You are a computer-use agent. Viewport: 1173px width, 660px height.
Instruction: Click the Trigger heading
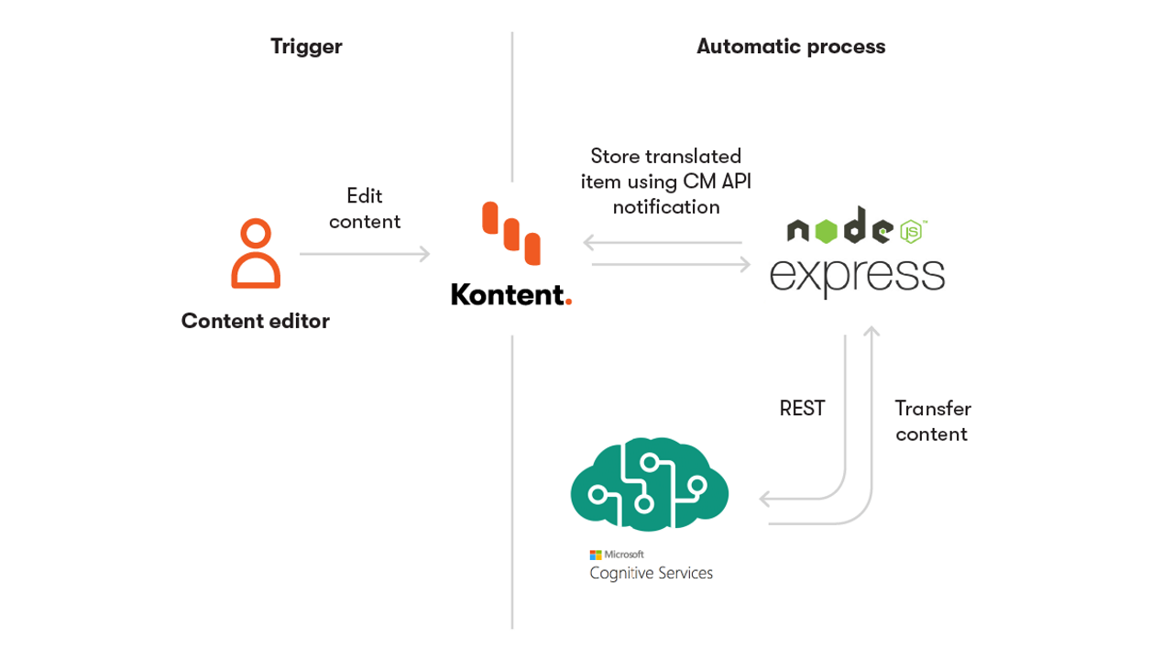tap(306, 47)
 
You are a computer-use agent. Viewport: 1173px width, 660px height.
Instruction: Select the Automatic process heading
tap(791, 47)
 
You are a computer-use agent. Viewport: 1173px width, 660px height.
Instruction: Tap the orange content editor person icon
tap(256, 254)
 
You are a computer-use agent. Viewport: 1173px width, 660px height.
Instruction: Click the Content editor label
tap(255, 321)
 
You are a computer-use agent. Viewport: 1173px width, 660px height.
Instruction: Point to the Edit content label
tap(365, 209)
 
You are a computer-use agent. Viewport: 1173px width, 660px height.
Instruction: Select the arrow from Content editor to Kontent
tap(365, 254)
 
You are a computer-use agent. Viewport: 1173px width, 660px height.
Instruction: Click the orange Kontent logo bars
tap(511, 233)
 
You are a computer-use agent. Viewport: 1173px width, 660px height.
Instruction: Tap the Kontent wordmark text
tap(506, 294)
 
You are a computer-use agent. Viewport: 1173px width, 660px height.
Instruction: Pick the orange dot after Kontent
tap(568, 302)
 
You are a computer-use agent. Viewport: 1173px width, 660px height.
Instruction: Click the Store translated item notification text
tap(666, 181)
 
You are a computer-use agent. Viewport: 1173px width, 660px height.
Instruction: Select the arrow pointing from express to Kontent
tap(663, 243)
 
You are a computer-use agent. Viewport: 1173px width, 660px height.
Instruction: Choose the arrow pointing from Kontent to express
tap(672, 264)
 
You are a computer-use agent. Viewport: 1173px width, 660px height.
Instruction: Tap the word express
tap(857, 276)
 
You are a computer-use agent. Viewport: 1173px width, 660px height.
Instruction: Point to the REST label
tap(802, 409)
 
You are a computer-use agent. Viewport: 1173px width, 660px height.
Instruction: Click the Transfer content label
tap(933, 421)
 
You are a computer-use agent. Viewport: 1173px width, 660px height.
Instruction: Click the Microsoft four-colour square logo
tap(596, 555)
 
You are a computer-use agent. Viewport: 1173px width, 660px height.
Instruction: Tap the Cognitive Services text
tap(651, 574)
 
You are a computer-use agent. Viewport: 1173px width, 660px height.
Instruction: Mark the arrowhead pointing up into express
tap(872, 332)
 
